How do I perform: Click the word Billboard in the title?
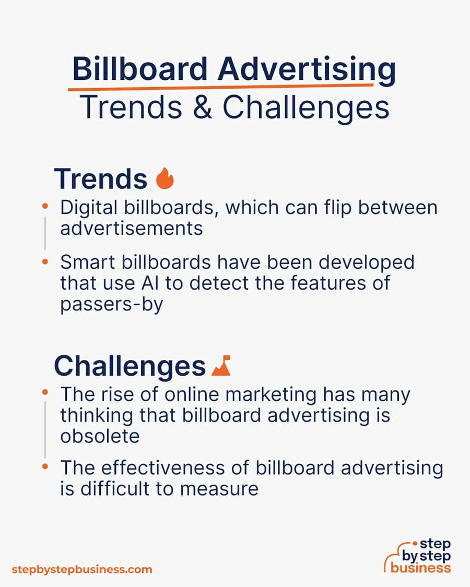[x=139, y=69]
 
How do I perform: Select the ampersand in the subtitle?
[x=203, y=107]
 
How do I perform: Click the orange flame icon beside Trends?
[x=165, y=178]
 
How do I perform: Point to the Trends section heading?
[x=101, y=179]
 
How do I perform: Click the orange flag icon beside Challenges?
[x=221, y=365]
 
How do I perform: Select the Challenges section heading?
[x=130, y=366]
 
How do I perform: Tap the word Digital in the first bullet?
[x=89, y=208]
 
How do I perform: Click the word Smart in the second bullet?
[x=87, y=262]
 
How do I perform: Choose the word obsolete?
[x=100, y=436]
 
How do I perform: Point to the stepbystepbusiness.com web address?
[x=81, y=570]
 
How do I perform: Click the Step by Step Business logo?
[x=418, y=556]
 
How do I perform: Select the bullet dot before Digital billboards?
[x=45, y=206]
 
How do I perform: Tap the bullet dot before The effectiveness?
[x=45, y=466]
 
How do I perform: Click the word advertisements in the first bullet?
[x=131, y=229]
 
